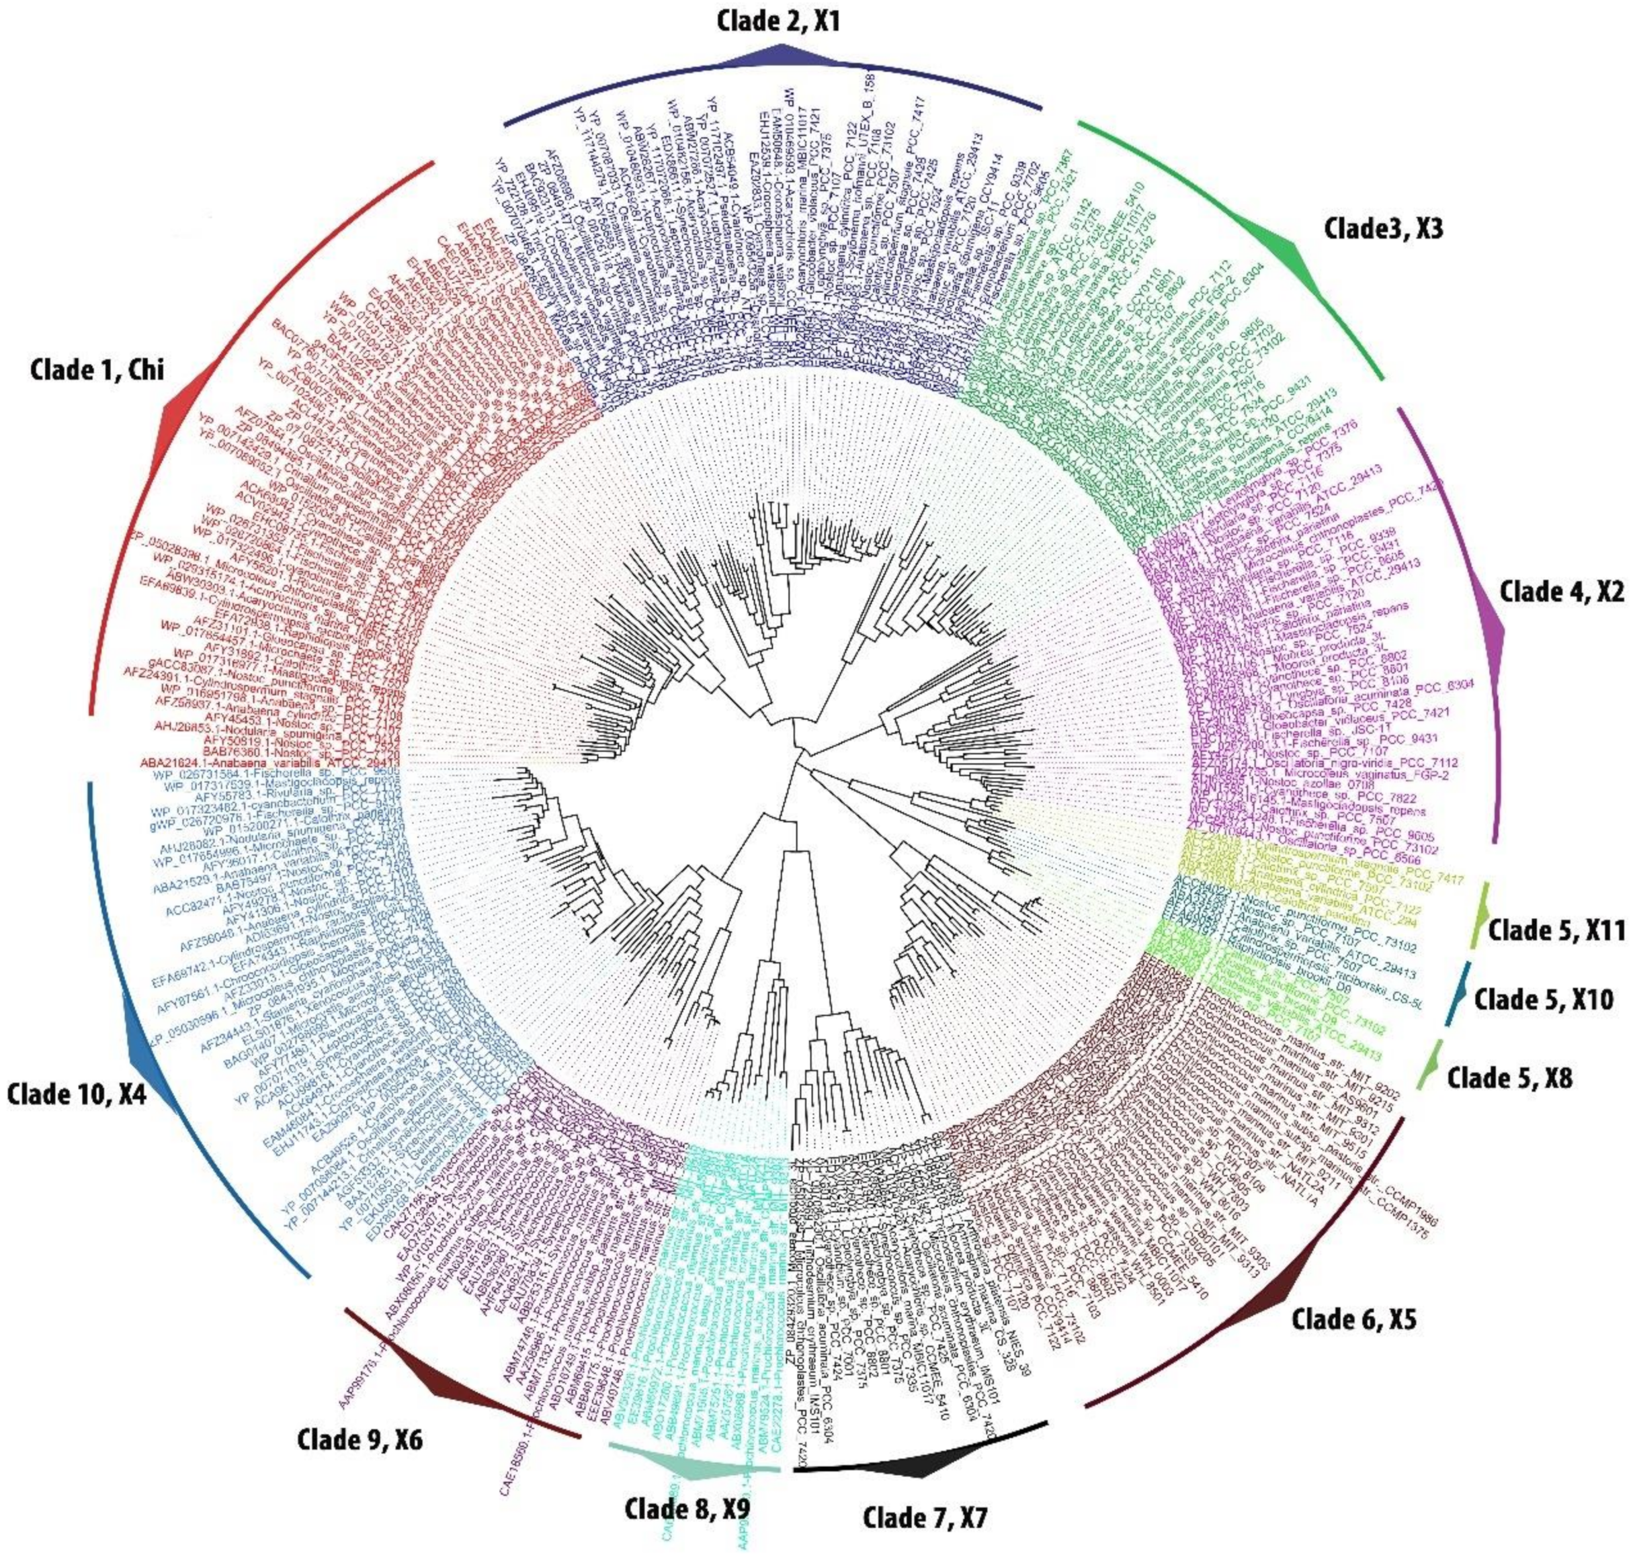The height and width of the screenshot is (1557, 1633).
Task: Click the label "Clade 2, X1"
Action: point(778,21)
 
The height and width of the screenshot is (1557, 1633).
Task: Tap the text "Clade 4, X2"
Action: point(1561,592)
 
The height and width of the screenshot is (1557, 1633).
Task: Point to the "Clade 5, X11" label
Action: point(1556,930)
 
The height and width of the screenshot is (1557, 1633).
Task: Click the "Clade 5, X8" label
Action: point(1509,1078)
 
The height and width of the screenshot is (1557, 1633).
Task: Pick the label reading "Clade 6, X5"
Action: point(1354,1319)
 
